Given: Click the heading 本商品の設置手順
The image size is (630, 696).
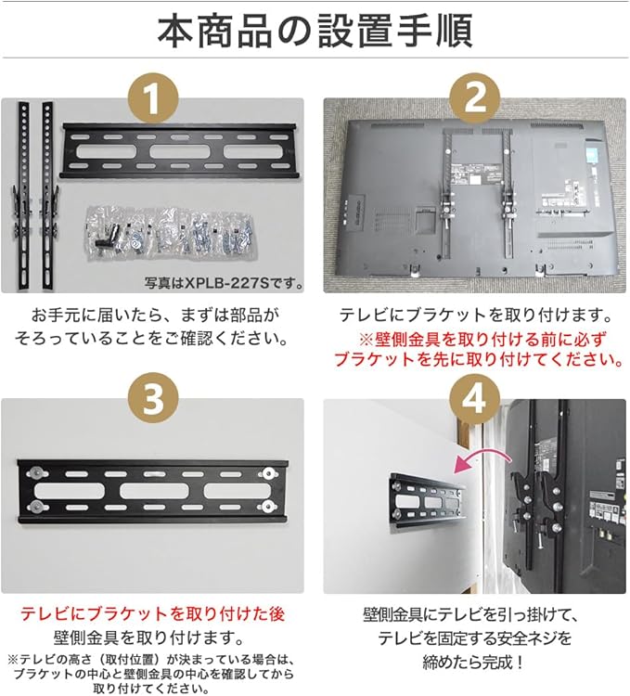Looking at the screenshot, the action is [315, 32].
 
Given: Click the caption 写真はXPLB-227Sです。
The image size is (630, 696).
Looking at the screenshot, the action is [224, 282].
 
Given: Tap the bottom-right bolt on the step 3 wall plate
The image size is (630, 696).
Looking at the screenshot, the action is [268, 505].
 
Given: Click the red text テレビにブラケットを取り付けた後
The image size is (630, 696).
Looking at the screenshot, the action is [152, 614].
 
